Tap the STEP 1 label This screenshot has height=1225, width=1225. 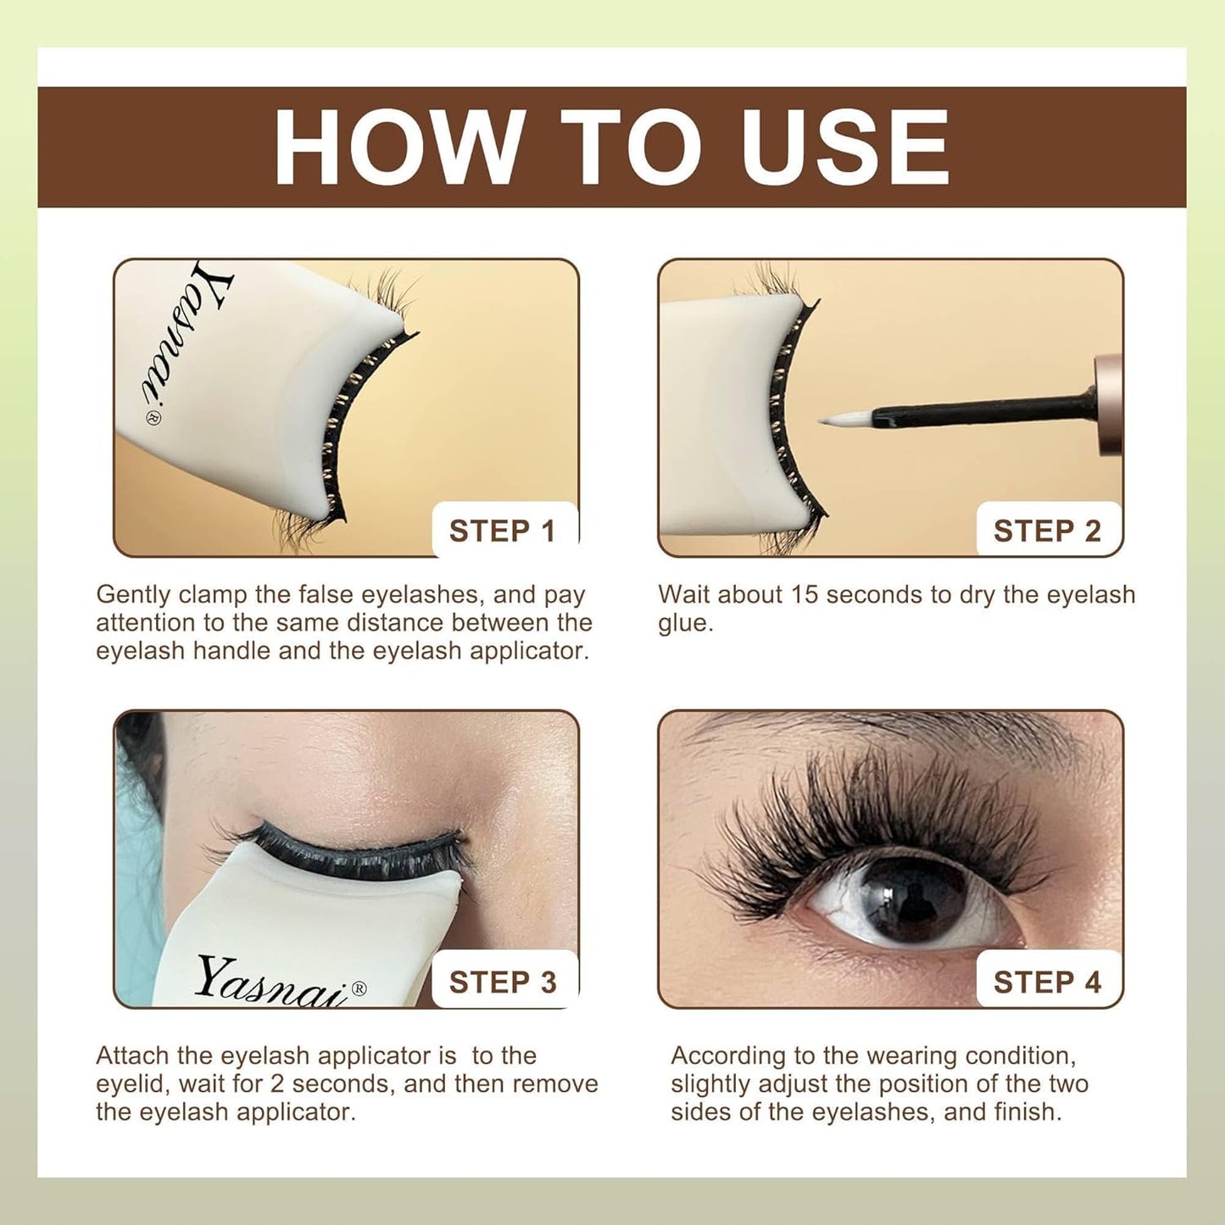tap(503, 531)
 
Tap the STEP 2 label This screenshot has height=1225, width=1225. tap(1047, 531)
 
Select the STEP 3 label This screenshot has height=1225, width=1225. tap(503, 982)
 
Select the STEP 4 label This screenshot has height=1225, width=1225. tap(1047, 982)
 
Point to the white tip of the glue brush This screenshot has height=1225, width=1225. tap(844, 419)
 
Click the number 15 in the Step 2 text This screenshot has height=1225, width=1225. tap(805, 595)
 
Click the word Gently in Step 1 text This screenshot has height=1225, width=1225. tap(134, 595)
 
